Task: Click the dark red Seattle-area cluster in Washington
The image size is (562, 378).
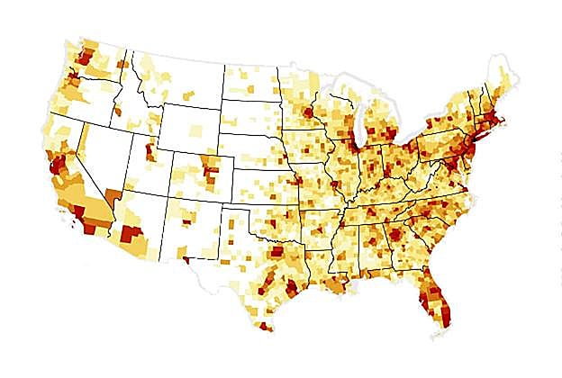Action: point(84,57)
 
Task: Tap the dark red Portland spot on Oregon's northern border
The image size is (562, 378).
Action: point(73,81)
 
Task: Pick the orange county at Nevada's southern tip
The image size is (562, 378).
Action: point(113,197)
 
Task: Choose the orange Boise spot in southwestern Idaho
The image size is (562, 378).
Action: point(118,112)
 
